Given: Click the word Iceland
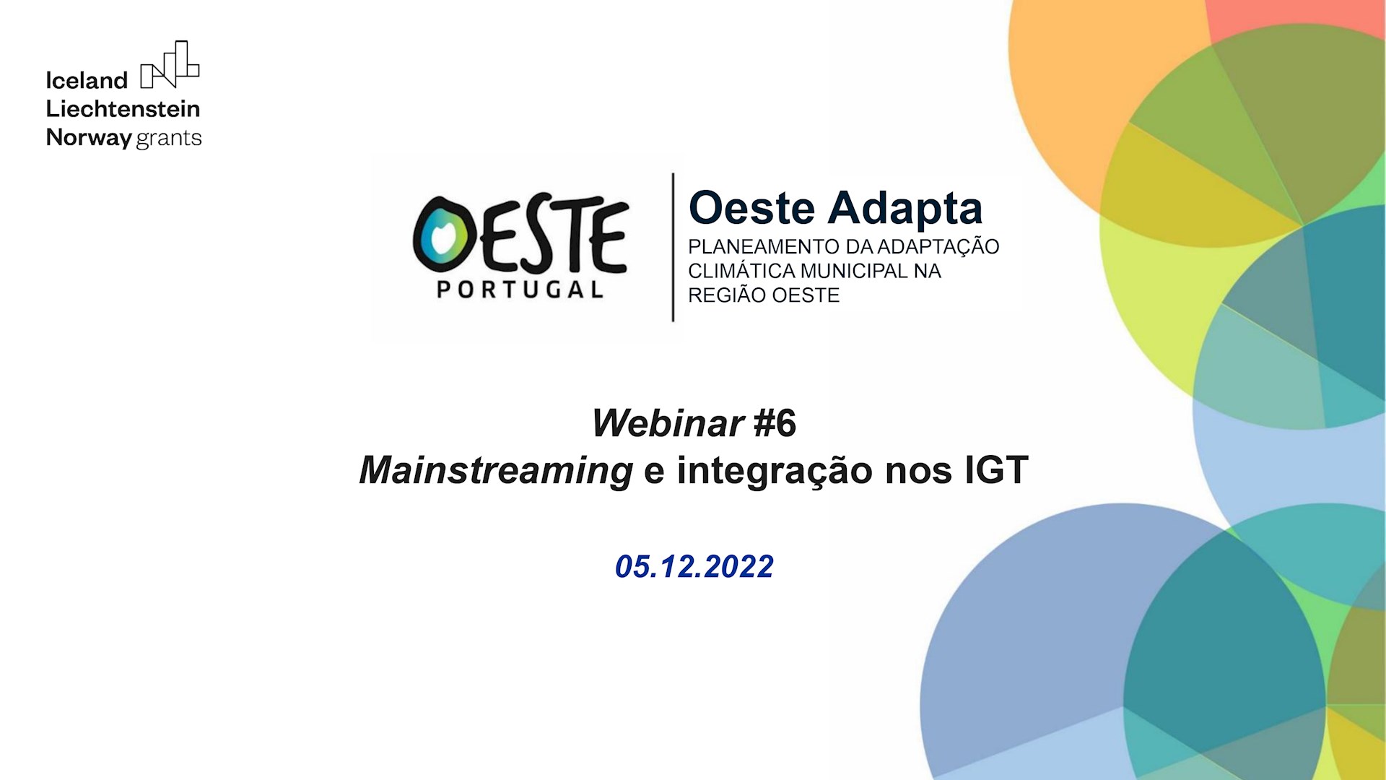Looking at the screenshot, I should [x=87, y=80].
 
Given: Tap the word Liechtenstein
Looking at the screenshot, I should [x=123, y=109].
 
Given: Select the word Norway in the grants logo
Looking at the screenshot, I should [x=88, y=137].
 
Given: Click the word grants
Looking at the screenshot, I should [x=169, y=138].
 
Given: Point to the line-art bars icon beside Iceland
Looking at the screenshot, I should [x=170, y=65].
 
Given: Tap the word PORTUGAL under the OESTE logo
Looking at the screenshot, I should [x=520, y=290].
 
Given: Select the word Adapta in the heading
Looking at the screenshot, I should [x=905, y=208].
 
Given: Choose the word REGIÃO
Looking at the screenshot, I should [x=727, y=295].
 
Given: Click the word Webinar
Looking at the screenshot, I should [x=668, y=423].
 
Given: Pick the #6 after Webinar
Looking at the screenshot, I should [x=775, y=423].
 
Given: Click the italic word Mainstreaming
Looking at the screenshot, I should [x=496, y=471].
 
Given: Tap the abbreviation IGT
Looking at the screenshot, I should [x=996, y=471].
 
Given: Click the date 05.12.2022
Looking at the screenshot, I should [x=694, y=567].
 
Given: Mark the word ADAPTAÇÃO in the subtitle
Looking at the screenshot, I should [x=938, y=247].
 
